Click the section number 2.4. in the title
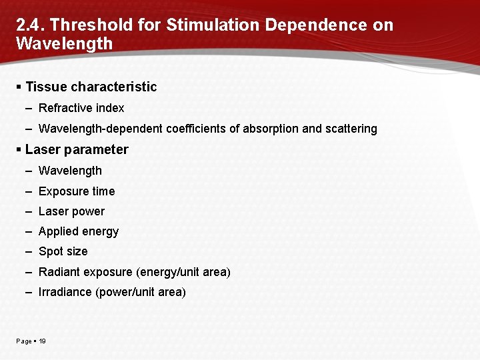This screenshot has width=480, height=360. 30,25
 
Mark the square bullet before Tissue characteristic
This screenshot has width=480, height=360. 19,87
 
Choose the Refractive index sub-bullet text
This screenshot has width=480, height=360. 81,108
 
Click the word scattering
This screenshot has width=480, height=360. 351,129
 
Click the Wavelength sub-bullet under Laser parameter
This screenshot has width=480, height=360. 70,171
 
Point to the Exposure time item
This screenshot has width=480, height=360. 77,191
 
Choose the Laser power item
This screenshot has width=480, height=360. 71,211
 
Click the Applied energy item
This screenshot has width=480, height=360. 79,231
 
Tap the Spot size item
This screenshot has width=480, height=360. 63,251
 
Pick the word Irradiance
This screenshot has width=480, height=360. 65,292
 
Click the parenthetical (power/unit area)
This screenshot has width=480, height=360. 141,292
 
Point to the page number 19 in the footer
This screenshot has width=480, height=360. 42,341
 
